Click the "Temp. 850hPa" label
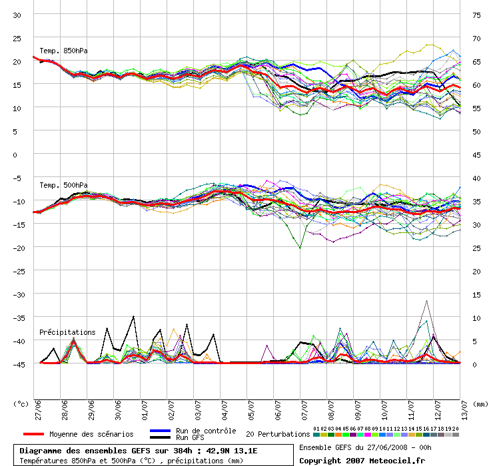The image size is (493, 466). click(63, 51)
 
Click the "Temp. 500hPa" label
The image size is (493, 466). click(63, 185)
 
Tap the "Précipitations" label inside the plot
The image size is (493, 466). click(67, 332)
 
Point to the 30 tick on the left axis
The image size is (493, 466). click(17, 15)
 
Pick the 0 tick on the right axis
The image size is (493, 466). click(476, 364)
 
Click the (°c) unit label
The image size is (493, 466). click(21, 403)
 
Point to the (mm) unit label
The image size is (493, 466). click(478, 403)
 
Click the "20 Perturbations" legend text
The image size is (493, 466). click(278, 434)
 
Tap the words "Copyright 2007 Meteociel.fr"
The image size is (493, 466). click(362, 460)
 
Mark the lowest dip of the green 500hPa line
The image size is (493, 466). click(300, 248)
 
